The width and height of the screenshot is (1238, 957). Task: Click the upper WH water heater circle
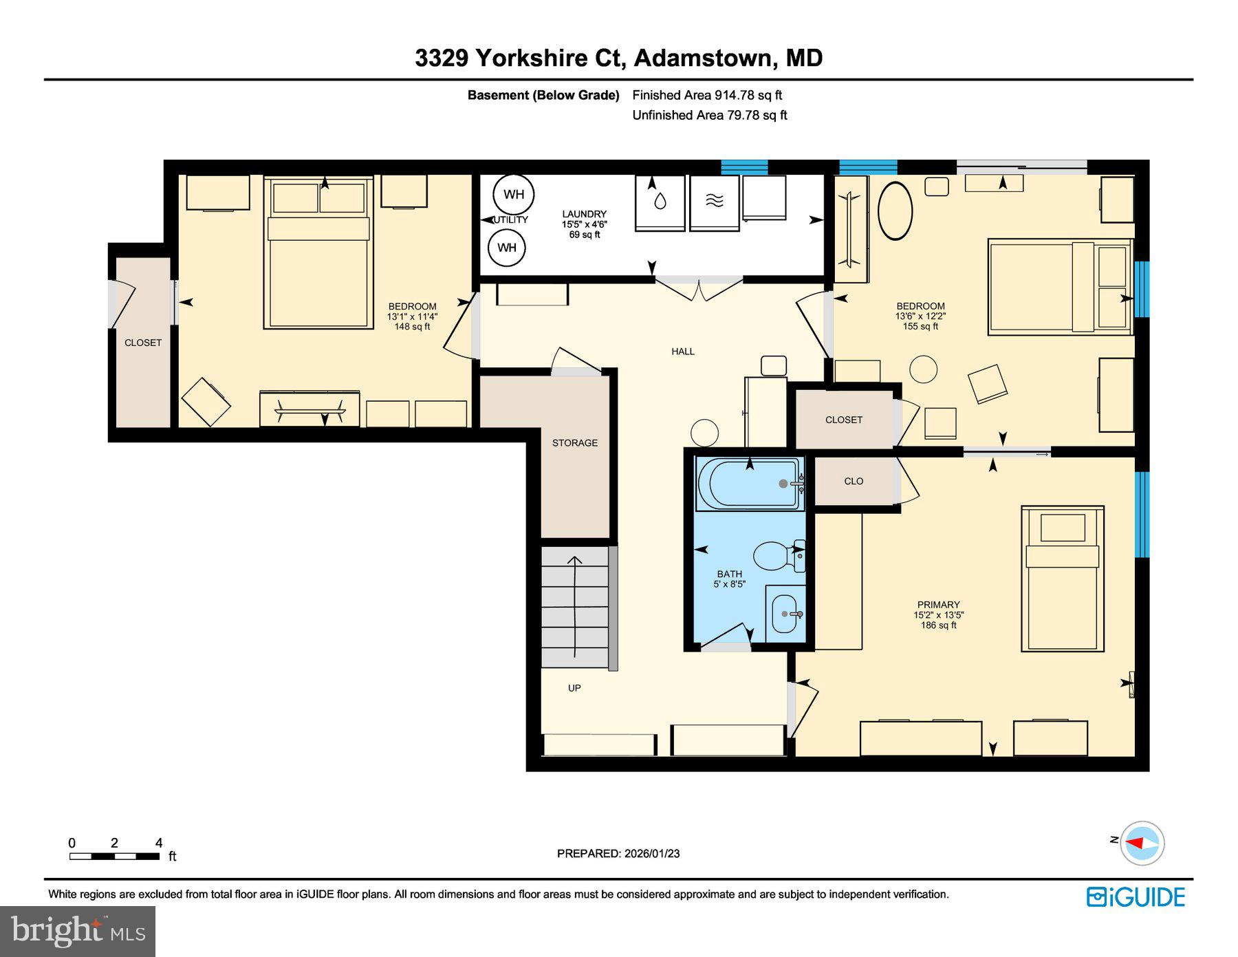[513, 194]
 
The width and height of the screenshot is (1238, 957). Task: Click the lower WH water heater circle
[507, 248]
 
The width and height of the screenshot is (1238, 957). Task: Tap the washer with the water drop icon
[660, 202]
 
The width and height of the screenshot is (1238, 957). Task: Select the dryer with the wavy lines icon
[715, 202]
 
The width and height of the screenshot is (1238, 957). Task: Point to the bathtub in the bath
[748, 484]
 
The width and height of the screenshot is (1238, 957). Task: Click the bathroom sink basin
[784, 614]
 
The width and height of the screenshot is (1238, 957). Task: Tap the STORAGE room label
[574, 443]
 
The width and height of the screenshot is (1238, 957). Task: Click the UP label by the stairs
[574, 688]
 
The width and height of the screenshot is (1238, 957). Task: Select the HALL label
[683, 352]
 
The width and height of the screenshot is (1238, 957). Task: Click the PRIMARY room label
[938, 605]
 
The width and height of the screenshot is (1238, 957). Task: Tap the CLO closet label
[854, 482]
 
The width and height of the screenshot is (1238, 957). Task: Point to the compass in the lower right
[1142, 843]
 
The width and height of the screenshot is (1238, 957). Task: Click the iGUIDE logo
[1136, 897]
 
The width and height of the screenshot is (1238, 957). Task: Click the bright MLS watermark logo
[78, 931]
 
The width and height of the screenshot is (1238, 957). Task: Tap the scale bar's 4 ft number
[159, 843]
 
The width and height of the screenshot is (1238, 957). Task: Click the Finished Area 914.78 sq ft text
[707, 96]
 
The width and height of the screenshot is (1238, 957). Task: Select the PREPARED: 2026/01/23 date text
[618, 854]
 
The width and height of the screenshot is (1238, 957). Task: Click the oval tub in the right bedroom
[895, 211]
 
